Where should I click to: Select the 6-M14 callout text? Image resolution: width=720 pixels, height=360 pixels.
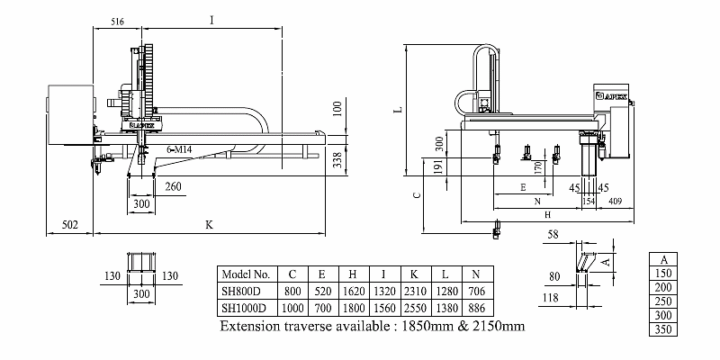click(x=182, y=146)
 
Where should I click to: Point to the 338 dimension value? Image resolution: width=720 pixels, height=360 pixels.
click(x=337, y=159)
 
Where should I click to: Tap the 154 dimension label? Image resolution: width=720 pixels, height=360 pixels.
click(x=590, y=200)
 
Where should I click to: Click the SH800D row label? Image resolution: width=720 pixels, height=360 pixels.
click(x=240, y=291)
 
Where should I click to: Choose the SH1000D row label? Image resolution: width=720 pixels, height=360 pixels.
click(x=244, y=307)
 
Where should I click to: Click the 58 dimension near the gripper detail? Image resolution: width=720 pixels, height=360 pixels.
click(x=552, y=233)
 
